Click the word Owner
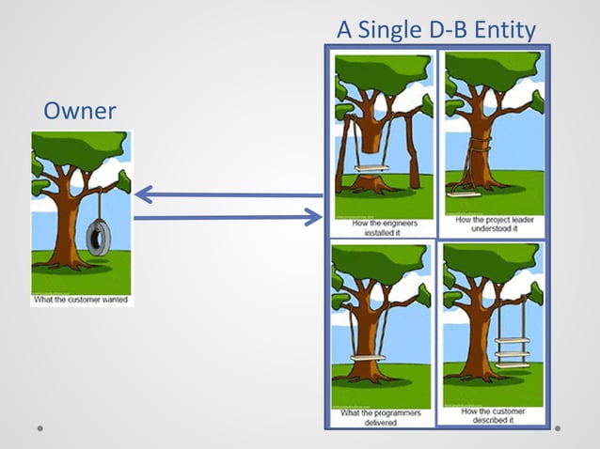[79, 112]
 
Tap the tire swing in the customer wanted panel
[98, 238]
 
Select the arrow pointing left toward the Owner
[226, 195]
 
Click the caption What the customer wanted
[82, 300]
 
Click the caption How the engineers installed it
[384, 228]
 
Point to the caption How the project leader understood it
[493, 225]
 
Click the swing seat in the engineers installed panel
[371, 169]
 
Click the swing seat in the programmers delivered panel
[368, 357]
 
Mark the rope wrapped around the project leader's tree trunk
[482, 147]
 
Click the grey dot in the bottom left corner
[40, 428]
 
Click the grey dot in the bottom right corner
[558, 428]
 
